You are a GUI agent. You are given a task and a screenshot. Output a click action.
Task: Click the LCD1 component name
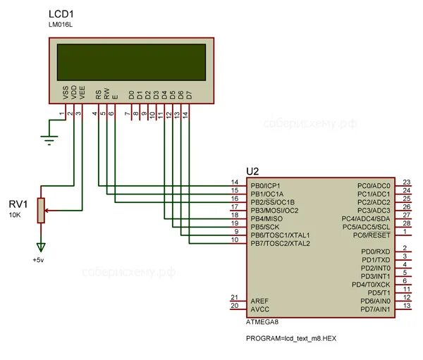(x=61, y=15)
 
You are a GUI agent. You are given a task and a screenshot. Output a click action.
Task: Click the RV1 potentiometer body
(x=41, y=210)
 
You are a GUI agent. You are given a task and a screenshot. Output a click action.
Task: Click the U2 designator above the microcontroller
(x=252, y=172)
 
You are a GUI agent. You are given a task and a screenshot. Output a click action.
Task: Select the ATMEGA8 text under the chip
(x=262, y=323)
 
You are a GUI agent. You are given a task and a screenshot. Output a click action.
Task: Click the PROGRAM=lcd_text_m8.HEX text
(x=291, y=338)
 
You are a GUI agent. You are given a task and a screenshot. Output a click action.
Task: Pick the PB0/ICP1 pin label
(x=266, y=185)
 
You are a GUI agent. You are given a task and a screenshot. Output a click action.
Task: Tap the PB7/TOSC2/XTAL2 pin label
(x=280, y=244)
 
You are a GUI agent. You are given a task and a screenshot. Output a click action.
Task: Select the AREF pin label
(x=259, y=301)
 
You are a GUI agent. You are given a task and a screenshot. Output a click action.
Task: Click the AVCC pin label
(x=259, y=309)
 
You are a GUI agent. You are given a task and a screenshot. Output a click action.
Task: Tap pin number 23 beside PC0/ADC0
(x=406, y=182)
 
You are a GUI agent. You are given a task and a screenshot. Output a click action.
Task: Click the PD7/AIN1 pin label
(x=375, y=309)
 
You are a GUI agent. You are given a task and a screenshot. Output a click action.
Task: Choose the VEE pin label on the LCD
(x=82, y=92)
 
